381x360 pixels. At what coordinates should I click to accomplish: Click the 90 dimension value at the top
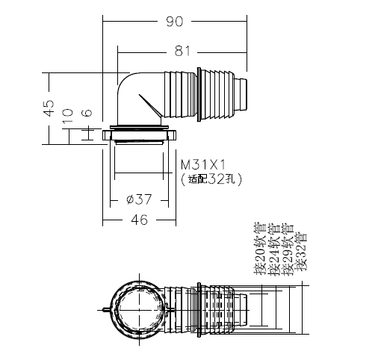(x=174, y=22)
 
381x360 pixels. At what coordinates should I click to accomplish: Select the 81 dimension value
(x=182, y=52)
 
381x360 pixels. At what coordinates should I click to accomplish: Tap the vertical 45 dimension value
(x=49, y=108)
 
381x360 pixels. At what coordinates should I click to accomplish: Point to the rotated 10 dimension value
(x=67, y=116)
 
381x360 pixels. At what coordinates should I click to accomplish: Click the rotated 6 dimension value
(x=87, y=113)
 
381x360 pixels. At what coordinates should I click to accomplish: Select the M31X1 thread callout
(x=203, y=165)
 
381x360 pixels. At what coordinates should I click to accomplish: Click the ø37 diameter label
(x=139, y=199)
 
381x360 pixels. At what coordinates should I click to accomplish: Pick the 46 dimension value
(x=139, y=220)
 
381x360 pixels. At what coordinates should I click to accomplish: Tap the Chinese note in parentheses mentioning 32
(x=211, y=179)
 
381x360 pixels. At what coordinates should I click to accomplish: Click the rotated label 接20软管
(x=260, y=249)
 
